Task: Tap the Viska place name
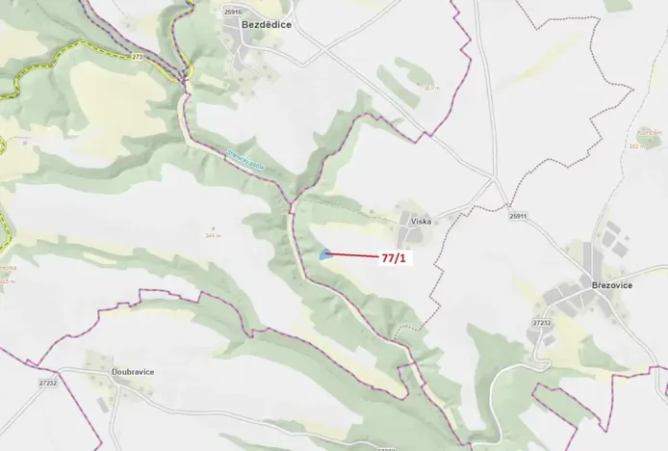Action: point(421,221)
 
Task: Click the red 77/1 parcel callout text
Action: point(393,258)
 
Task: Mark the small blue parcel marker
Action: point(325,254)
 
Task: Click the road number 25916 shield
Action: point(232,12)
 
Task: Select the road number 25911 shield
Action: point(519,217)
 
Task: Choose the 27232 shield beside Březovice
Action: point(542,323)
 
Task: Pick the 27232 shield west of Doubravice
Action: point(48,383)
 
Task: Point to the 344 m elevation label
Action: point(214,234)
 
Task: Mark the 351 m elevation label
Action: point(431,88)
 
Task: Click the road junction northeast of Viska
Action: point(494,182)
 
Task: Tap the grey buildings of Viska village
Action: point(413,234)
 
